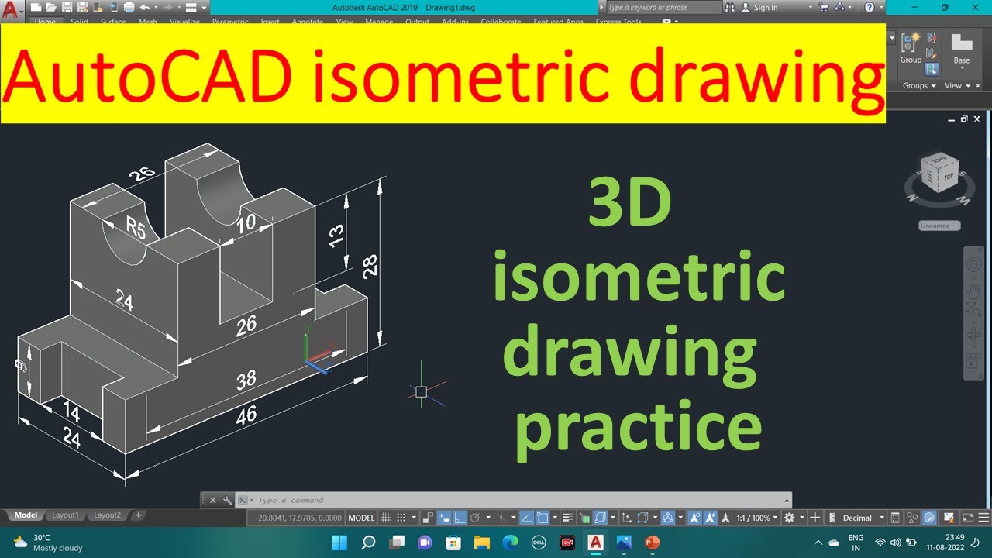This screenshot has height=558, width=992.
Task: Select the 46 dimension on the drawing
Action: (246, 416)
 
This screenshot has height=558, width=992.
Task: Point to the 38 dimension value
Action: (246, 381)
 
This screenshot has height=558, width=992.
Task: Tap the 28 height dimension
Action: (370, 267)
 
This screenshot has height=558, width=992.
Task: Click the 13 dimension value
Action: (336, 236)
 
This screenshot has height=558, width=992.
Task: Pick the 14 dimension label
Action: (71, 411)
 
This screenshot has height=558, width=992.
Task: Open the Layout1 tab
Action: (65, 515)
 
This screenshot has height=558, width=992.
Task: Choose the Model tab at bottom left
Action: (26, 515)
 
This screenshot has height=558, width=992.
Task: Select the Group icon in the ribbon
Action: (911, 47)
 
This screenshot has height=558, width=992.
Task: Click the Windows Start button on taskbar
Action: (339, 542)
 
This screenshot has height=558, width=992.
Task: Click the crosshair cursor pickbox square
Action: (421, 392)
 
